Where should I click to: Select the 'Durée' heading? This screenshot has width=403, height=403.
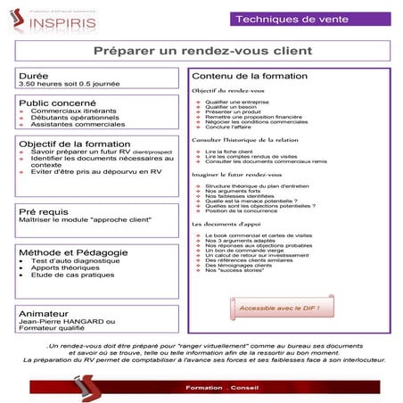(x=33, y=77)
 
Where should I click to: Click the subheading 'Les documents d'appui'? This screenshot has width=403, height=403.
(x=226, y=224)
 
